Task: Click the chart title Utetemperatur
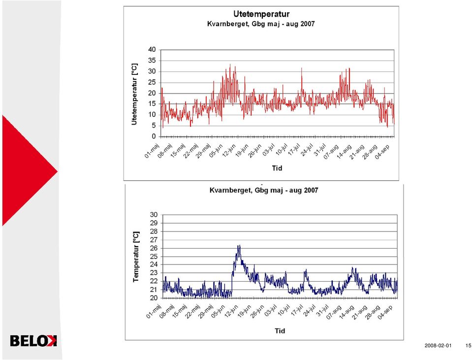point(261,14)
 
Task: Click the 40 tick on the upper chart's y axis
point(152,50)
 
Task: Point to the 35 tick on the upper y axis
point(152,61)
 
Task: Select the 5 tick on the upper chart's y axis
point(154,126)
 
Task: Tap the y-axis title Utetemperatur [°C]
point(134,94)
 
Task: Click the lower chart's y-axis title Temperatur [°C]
point(136,257)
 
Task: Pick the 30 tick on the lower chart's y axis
point(154,215)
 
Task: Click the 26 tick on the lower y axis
point(154,248)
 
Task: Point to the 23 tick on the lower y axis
point(154,273)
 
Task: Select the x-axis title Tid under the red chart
point(277,168)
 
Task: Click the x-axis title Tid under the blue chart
point(280,331)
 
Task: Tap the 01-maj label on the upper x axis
point(152,151)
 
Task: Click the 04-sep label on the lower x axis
point(385,312)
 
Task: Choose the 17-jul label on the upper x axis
point(294,150)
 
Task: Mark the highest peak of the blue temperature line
point(239,245)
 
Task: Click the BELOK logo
point(33,340)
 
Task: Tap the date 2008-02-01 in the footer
point(438,346)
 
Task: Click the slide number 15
point(468,346)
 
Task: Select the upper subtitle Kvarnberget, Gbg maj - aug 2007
point(261,24)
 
